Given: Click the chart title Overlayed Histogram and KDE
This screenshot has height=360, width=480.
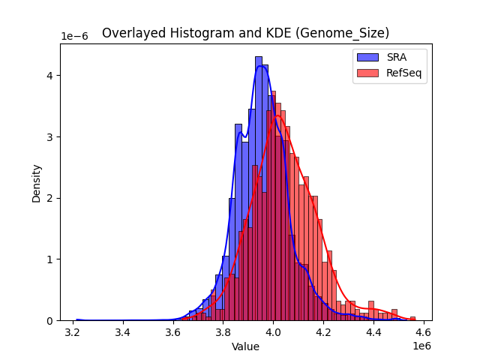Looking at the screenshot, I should coord(245,33).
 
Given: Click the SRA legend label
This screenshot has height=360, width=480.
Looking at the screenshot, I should coord(397,57).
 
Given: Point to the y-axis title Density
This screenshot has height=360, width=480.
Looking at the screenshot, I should coord(36,182).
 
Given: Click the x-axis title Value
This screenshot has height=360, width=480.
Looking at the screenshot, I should coord(245,347).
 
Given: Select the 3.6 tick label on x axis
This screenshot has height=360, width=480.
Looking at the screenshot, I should coord(173,332).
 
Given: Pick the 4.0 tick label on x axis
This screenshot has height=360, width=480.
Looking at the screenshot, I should coord(274,332).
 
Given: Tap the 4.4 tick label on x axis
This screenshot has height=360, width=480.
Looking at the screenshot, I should coord(373,332).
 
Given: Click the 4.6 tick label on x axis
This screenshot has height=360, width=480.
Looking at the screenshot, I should coord(423,332).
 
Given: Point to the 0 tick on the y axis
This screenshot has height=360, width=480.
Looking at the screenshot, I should coord(49,321).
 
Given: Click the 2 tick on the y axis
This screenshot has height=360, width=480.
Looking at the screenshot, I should coord(49,198).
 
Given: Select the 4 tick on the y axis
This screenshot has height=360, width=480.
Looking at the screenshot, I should coord(49,76).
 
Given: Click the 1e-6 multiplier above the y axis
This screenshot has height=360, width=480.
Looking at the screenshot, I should coord(73,37).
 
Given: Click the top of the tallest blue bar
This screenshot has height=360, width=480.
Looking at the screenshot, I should coord(259,57).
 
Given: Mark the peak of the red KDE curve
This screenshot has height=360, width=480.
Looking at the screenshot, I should coord(277,116).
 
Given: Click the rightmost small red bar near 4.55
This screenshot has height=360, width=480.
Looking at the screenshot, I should coord(412,318).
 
